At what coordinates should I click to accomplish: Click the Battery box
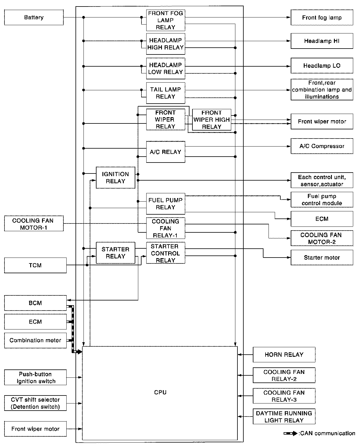pyautogui.click(x=34, y=17)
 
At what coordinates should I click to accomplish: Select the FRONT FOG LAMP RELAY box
pyautogui.click(x=165, y=20)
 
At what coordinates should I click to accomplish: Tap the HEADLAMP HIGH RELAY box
pyautogui.click(x=165, y=44)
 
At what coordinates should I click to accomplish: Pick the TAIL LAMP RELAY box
pyautogui.click(x=165, y=93)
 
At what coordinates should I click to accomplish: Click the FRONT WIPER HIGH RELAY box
pyautogui.click(x=211, y=120)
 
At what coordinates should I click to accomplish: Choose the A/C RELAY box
pyautogui.click(x=165, y=152)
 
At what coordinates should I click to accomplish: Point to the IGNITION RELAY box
pyautogui.click(x=115, y=178)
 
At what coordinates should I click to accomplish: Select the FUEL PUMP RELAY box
pyautogui.click(x=165, y=204)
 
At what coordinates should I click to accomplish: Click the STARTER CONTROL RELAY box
pyautogui.click(x=165, y=253)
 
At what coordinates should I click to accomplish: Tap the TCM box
pyautogui.click(x=35, y=265)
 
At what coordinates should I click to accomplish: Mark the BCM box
pyautogui.click(x=35, y=303)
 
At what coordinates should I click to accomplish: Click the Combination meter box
pyautogui.click(x=35, y=340)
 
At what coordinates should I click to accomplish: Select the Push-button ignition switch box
pyautogui.click(x=35, y=377)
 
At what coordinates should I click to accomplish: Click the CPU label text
pyautogui.click(x=160, y=392)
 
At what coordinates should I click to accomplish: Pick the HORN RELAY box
pyautogui.click(x=284, y=355)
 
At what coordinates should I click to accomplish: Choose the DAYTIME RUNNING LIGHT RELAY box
pyautogui.click(x=284, y=417)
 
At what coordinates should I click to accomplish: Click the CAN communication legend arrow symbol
pyautogui.click(x=290, y=433)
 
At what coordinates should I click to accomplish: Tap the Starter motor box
pyautogui.click(x=322, y=258)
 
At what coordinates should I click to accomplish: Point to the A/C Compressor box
pyautogui.click(x=322, y=146)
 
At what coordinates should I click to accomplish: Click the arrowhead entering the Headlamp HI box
pyautogui.click(x=289, y=41)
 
